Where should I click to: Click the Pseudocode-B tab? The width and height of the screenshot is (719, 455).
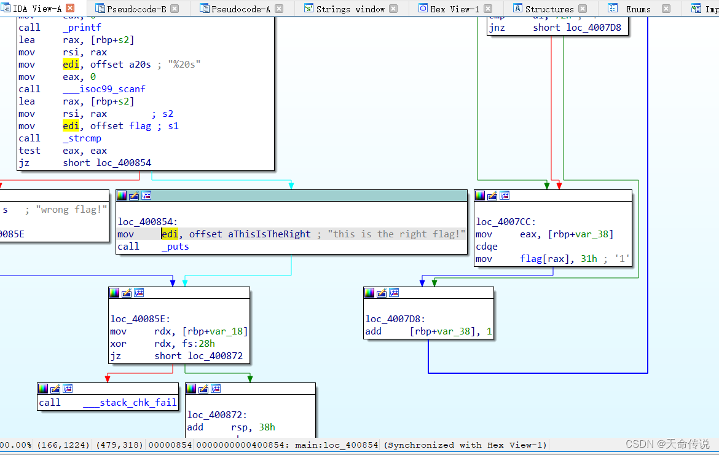136,9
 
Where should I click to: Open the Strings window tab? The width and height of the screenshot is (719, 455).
350,9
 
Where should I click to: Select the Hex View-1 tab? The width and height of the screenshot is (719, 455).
454,9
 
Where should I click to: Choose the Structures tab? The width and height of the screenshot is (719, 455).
549,9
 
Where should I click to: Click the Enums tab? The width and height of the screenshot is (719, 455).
638,9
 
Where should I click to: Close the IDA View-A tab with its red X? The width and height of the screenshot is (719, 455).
69,9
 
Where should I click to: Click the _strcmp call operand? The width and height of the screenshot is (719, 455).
82,138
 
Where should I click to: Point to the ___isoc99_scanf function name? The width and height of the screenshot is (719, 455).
104,89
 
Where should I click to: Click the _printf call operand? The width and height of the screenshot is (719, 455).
82,28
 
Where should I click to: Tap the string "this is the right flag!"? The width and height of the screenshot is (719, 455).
397,234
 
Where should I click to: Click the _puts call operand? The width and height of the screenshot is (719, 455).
175,247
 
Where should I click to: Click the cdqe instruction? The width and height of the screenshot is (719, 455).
487,247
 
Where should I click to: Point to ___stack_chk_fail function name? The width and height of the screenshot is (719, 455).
130,403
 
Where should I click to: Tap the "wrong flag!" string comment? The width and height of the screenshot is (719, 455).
71,210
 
